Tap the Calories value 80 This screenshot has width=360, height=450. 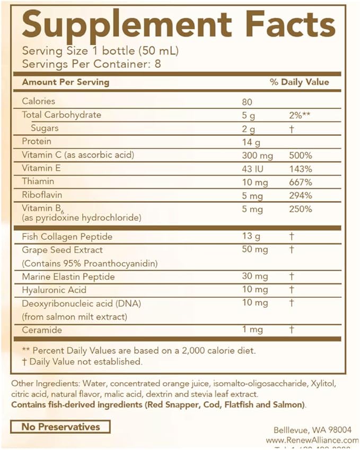point(247,101)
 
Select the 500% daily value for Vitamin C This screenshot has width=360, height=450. point(301,155)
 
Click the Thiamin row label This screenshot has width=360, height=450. point(39,181)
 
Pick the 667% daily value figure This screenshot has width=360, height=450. point(301,182)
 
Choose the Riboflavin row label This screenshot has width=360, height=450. point(42,195)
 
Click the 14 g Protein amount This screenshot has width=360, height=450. point(249,142)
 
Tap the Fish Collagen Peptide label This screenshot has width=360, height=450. point(67,236)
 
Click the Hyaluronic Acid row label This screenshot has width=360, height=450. point(54,290)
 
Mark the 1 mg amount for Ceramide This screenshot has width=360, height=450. point(252,330)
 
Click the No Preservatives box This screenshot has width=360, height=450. point(60,427)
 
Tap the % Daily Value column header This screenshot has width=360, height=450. point(299,82)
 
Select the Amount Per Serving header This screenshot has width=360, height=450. point(65,82)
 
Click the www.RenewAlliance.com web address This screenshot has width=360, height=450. point(312,440)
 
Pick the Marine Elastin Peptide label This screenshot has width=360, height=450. point(68,276)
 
